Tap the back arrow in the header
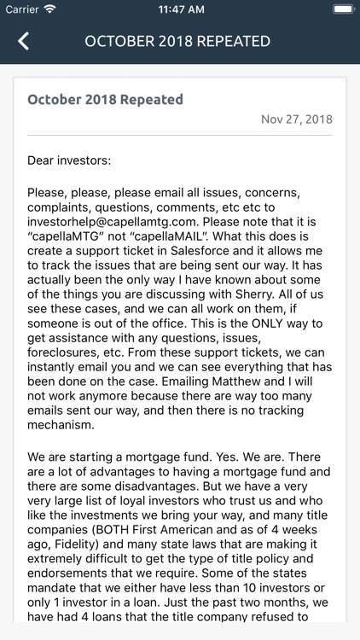[23, 41]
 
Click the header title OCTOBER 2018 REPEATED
[177, 41]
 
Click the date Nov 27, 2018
[297, 119]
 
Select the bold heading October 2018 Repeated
[105, 99]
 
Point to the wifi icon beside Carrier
[49, 9]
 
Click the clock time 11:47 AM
[180, 9]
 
